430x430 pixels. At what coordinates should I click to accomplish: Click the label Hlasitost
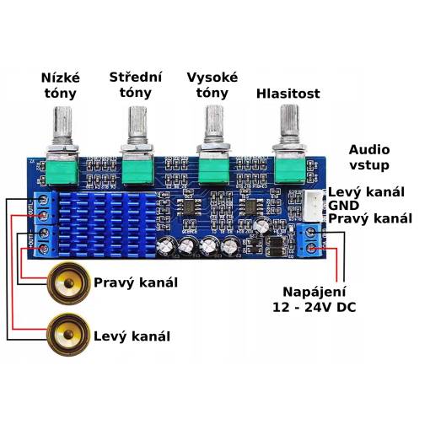point(288,94)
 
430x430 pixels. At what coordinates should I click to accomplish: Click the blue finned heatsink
point(107,224)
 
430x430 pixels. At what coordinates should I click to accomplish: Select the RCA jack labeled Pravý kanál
point(68,283)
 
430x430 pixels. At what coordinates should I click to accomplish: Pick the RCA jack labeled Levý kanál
point(68,335)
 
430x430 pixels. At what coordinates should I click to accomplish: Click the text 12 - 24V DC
point(314,307)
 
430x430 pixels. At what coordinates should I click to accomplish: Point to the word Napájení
point(314,292)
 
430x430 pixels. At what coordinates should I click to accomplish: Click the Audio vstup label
point(369,158)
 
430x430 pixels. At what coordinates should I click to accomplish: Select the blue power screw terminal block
point(309,240)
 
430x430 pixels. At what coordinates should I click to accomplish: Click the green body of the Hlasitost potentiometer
point(290,170)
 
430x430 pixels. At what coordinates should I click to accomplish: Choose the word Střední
point(136,78)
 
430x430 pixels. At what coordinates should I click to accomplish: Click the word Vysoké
point(212,78)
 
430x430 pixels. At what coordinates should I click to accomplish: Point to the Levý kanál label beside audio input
point(366,192)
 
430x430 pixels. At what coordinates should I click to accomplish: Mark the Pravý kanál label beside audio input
point(370,218)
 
